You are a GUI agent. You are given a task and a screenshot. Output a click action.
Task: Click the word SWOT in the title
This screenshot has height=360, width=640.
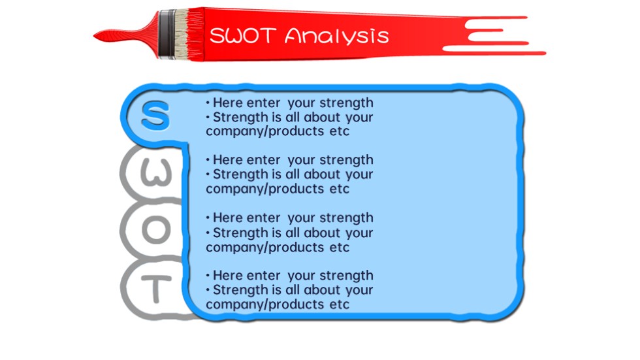coord(243,35)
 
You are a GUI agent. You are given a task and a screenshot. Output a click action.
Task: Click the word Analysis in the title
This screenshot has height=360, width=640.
coord(337,36)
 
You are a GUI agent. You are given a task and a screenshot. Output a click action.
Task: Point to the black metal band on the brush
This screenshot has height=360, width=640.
coord(167,34)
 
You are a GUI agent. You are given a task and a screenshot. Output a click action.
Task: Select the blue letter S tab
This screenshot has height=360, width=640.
coord(155,116)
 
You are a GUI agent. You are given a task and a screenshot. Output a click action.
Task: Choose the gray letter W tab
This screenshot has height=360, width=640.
coord(155,172)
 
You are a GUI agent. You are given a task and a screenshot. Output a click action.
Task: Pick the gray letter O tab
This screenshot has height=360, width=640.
coord(155,229)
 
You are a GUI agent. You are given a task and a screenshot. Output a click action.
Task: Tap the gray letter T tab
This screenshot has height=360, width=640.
coord(156,289)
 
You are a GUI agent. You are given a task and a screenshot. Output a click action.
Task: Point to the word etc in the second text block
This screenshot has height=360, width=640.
coord(339,189)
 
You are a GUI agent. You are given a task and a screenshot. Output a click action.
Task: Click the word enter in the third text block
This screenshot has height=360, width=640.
coord(264,218)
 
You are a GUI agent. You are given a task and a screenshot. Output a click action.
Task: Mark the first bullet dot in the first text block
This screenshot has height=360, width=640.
coord(208,103)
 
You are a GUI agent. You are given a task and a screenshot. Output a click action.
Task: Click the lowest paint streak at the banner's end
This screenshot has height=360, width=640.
coord(494,50)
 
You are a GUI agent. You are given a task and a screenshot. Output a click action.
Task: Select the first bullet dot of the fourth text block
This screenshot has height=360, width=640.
coord(208,276)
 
